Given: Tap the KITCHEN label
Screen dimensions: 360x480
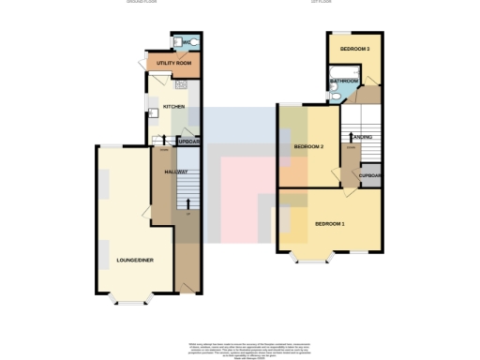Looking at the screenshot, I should coord(174,107).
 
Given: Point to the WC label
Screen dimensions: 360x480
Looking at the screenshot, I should coord(187,42).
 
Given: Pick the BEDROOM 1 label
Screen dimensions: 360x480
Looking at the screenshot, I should coord(329,224).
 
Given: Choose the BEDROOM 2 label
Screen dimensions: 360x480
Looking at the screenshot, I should coord(308,147).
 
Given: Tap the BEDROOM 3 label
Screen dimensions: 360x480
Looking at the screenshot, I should coord(354,48).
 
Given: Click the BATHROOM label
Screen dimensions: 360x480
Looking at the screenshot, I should coord(344,82).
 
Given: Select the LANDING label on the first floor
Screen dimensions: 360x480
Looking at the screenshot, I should coord(364,138).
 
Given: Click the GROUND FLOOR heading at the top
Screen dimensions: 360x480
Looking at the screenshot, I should coord(142,3).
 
